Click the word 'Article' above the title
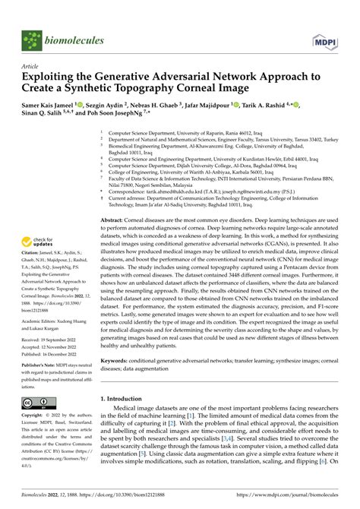[30, 66]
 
